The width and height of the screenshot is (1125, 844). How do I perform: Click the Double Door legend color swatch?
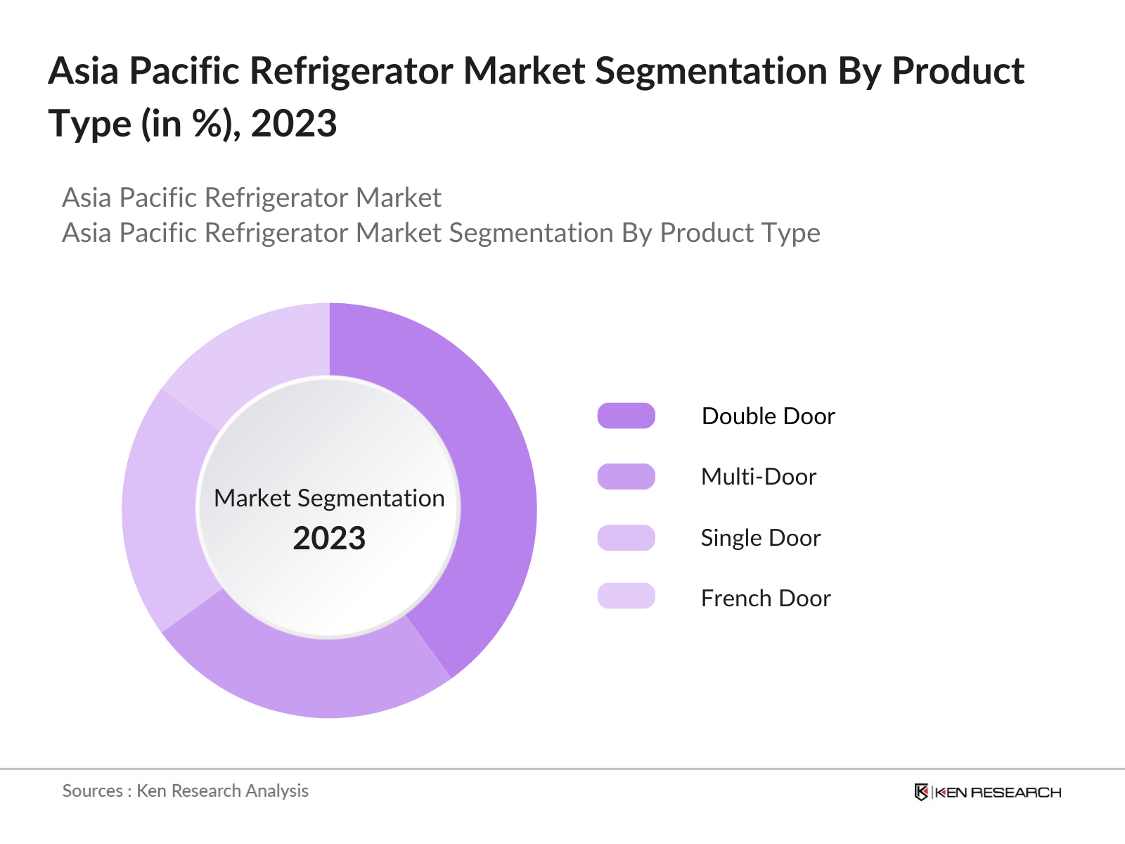coord(626,416)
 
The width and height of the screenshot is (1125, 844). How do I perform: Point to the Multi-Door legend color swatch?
coord(626,476)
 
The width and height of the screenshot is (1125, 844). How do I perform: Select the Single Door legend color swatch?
coord(626,537)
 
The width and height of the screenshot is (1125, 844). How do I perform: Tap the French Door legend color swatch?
coord(626,596)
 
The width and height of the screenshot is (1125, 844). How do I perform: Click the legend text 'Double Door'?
coord(768,416)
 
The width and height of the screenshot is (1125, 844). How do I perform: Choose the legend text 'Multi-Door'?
coord(759,477)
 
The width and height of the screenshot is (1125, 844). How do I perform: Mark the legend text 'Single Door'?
coord(761,538)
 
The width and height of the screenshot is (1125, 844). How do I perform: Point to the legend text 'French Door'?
coord(766,599)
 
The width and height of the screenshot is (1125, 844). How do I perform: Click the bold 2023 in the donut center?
coord(329,539)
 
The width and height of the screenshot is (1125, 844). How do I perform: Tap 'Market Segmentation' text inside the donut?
coord(329,498)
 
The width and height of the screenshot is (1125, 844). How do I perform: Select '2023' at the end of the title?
coord(294,124)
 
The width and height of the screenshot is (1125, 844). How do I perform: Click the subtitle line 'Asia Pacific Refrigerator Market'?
coord(252,198)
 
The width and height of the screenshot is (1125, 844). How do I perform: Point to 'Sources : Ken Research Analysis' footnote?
coord(186,791)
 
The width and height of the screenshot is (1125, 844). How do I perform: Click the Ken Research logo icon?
coord(921,792)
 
